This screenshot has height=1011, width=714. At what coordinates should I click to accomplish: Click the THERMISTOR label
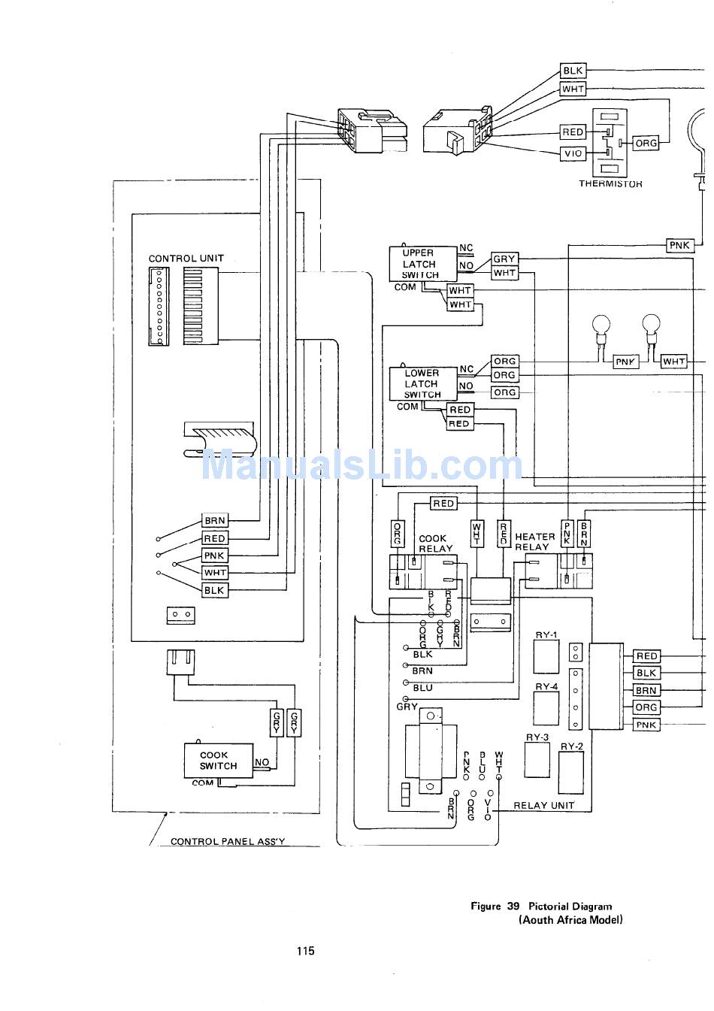click(610, 183)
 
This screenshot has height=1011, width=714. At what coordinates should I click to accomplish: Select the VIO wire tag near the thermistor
click(573, 153)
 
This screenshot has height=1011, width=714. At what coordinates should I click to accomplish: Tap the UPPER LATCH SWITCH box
click(423, 264)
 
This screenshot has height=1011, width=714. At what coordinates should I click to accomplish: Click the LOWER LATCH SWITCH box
click(423, 383)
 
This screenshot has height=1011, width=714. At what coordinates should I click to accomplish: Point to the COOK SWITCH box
click(218, 761)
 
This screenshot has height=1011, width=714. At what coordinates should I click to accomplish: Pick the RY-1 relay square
click(546, 656)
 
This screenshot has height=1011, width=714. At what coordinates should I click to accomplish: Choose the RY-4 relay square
click(546, 708)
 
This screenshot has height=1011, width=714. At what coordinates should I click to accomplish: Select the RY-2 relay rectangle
click(571, 772)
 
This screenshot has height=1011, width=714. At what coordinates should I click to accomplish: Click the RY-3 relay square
click(537, 760)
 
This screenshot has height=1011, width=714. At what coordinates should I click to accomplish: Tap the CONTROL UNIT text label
click(186, 259)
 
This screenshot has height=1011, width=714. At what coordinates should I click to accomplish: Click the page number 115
click(306, 951)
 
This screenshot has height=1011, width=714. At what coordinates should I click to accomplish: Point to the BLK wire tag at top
click(573, 71)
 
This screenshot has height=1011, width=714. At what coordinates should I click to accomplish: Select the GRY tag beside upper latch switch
click(504, 259)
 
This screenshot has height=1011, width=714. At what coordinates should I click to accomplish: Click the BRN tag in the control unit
click(215, 520)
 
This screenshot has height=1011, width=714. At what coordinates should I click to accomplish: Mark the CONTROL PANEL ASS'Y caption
click(228, 841)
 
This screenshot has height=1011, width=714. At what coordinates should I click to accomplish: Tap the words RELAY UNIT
click(544, 805)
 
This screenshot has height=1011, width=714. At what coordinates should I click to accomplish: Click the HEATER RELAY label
click(535, 542)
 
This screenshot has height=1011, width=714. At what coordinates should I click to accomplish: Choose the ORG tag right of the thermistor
click(646, 143)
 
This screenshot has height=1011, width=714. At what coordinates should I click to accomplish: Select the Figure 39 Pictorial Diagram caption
click(542, 906)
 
